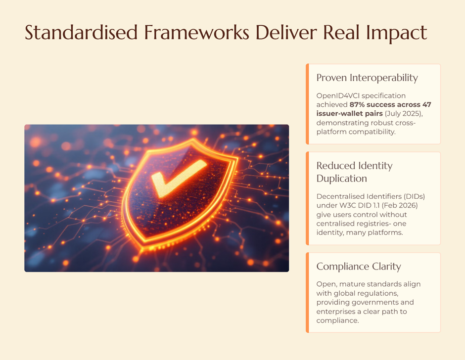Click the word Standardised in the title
(x=81, y=32)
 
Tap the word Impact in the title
(x=397, y=33)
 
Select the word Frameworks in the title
(x=196, y=32)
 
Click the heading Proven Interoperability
(x=367, y=78)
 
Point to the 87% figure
(x=357, y=105)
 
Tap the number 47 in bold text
(x=427, y=105)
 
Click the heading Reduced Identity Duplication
(x=354, y=172)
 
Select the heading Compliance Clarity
(x=359, y=267)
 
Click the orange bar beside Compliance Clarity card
(x=307, y=292)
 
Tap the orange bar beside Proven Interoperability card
(x=307, y=104)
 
